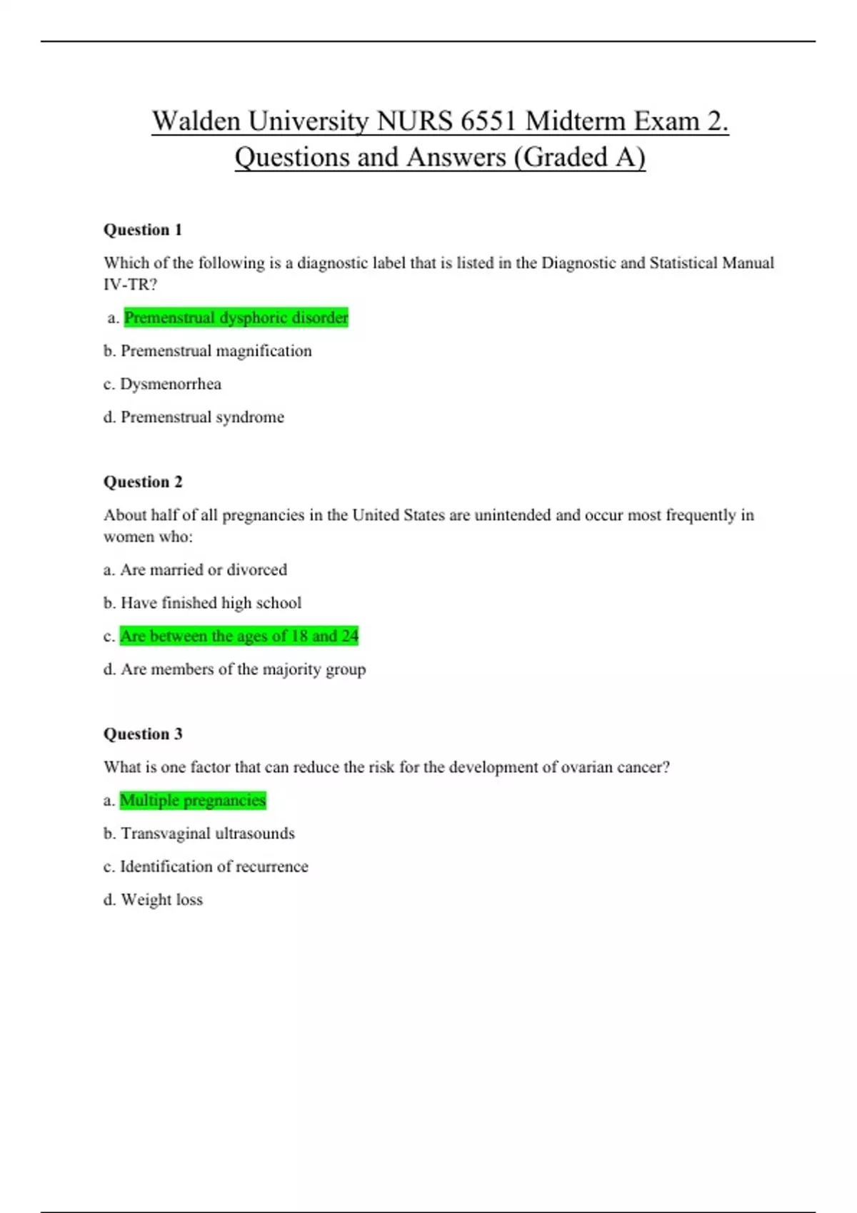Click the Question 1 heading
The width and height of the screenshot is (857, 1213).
pyautogui.click(x=143, y=230)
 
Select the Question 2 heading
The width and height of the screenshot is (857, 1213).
pyautogui.click(x=143, y=482)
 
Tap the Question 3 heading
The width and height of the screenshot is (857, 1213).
pyautogui.click(x=143, y=734)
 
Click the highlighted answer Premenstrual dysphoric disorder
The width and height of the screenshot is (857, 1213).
pyautogui.click(x=236, y=318)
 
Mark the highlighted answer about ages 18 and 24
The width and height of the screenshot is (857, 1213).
pyautogui.click(x=239, y=636)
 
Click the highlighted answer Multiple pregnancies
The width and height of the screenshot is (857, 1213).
pyautogui.click(x=193, y=801)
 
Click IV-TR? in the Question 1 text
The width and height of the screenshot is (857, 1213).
pyautogui.click(x=130, y=285)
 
